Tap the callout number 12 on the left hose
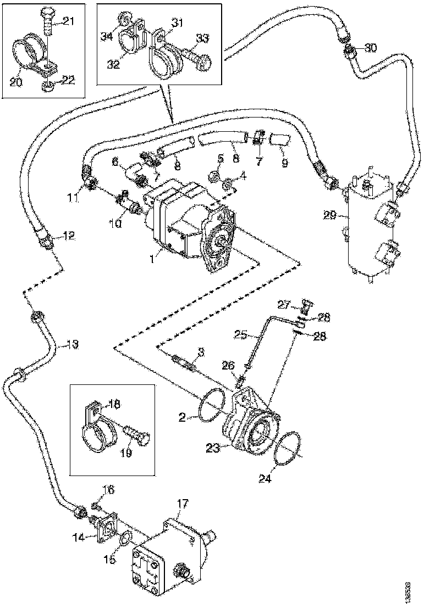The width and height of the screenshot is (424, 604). click(x=69, y=236)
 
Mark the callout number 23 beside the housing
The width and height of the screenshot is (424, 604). click(x=213, y=448)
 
